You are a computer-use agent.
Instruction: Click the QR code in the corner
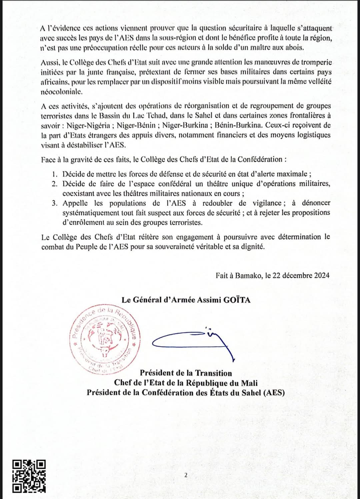coord(29,476)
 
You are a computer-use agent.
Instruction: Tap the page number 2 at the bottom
coord(186,475)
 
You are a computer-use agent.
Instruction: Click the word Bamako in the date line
coord(248,275)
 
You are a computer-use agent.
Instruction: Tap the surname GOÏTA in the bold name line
coord(237,300)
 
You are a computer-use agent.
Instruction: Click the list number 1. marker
coord(55,174)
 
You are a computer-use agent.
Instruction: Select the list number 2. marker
coord(55,184)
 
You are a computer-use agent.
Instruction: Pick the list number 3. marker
coord(55,203)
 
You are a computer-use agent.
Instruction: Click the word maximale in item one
coord(292,174)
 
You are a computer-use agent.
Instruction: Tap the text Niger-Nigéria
coord(88,125)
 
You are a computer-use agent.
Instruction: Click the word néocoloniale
coord(61,91)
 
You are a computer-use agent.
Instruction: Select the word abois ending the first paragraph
coord(294,48)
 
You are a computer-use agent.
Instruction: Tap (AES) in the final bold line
coord(274,392)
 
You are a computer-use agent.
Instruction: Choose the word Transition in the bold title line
coord(213,373)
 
